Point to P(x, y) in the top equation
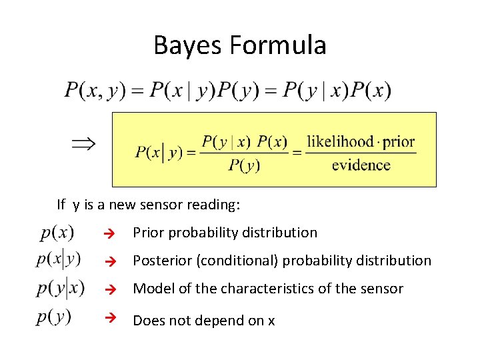[x=95, y=90]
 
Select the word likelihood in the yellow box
[x=339, y=142]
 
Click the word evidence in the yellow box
[x=361, y=165]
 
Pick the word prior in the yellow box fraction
[x=399, y=142]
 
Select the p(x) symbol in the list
[x=57, y=233]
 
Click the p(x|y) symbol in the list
[x=59, y=259]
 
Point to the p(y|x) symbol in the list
[x=61, y=288]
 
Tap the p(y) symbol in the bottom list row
[x=54, y=317]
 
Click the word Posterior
[x=161, y=261]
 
